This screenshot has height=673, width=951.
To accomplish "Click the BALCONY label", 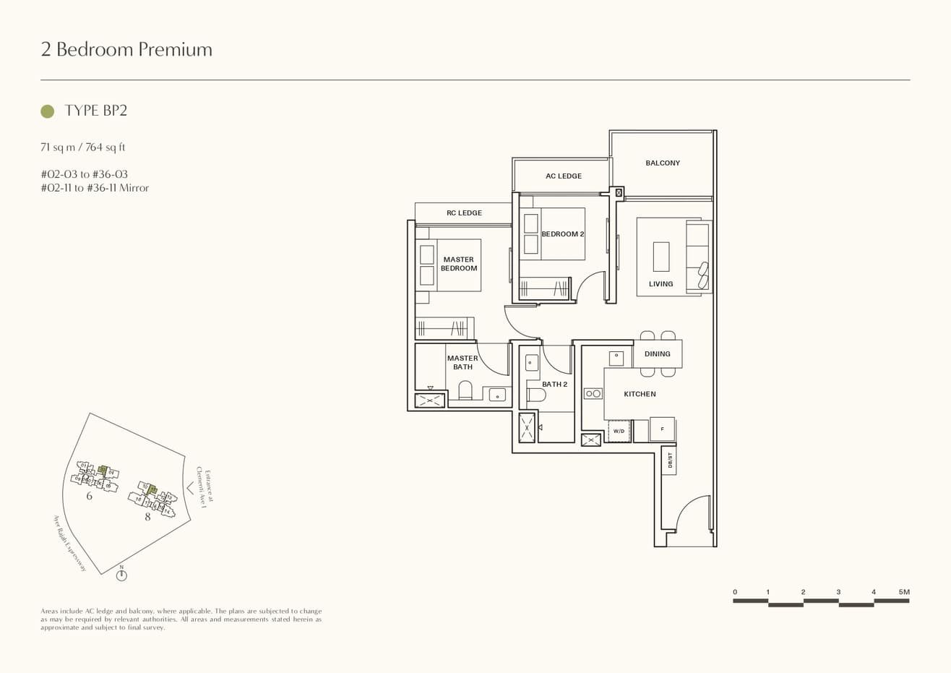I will tap(662, 163).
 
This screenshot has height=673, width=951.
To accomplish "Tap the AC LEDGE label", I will tap(563, 176).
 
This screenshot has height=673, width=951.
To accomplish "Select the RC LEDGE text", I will tap(464, 213).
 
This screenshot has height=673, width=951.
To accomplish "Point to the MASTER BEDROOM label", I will tap(459, 264).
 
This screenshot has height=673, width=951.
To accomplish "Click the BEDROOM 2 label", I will tap(563, 234).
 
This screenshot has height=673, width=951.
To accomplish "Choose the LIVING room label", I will tap(660, 284).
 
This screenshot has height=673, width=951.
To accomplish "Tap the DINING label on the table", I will tap(657, 354).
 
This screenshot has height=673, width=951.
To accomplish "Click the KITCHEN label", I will tap(640, 394).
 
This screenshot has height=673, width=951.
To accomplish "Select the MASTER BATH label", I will tap(462, 362).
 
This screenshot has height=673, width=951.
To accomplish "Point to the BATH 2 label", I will tap(554, 385).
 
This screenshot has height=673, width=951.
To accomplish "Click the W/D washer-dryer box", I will tap(619, 431).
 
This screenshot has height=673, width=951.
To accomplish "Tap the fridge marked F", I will tap(662, 429).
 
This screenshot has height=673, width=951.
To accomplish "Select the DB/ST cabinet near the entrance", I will tap(669, 460).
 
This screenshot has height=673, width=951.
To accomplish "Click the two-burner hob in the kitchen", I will tap(593, 394).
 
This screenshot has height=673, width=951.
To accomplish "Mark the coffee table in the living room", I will tap(660, 257).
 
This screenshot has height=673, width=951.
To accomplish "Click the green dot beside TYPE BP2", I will tap(48, 111).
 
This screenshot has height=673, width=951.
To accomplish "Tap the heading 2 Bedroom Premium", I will tap(126, 49).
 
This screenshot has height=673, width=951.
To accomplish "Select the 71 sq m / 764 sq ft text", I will tap(83, 147).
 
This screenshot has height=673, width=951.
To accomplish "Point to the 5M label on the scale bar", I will tap(904, 592).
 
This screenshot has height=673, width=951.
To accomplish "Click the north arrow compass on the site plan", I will tap(121, 575).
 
